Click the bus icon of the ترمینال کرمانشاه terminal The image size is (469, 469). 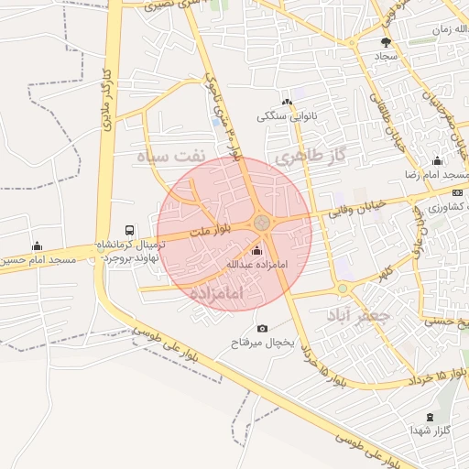(x=130, y=231)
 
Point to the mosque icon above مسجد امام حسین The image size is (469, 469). (x=37, y=245)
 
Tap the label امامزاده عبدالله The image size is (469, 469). (x=256, y=265)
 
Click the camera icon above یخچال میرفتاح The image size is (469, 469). (x=263, y=328)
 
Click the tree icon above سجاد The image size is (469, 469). (x=386, y=42)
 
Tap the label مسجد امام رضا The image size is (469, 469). (x=438, y=175)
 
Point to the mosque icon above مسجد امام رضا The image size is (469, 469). (x=437, y=161)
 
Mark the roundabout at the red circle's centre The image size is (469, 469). (x=262, y=222)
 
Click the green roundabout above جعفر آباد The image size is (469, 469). (x=343, y=289)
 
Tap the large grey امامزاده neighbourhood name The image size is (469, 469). (x=220, y=293)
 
